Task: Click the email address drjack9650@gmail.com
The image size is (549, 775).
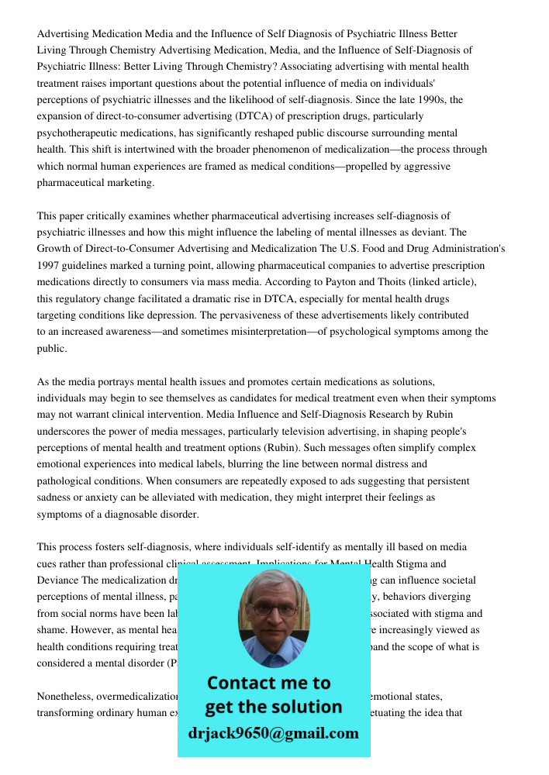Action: (x=273, y=733)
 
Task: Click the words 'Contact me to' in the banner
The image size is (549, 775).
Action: (x=269, y=683)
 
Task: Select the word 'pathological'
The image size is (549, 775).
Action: (x=67, y=481)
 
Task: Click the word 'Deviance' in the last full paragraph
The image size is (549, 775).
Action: (x=57, y=580)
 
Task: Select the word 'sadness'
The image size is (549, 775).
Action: (x=54, y=498)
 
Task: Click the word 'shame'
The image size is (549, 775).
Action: (x=51, y=630)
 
